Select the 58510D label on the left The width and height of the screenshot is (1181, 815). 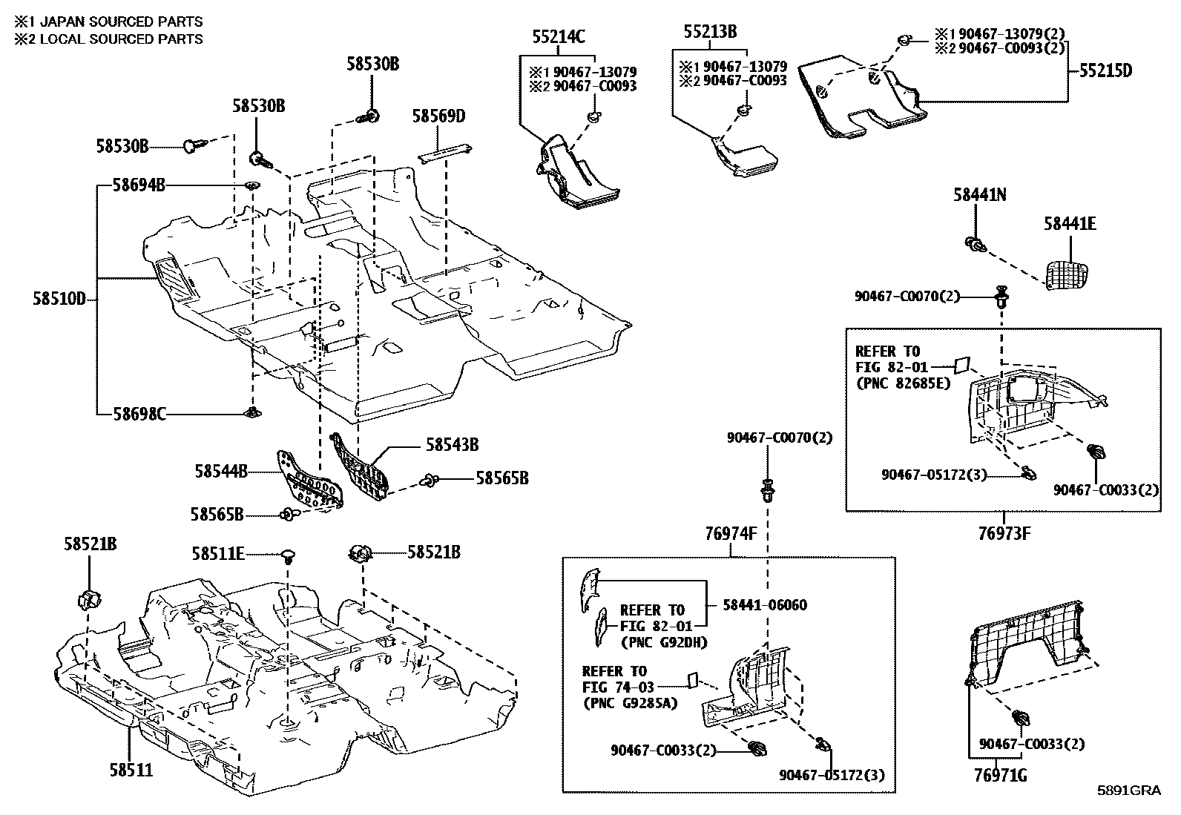(x=59, y=300)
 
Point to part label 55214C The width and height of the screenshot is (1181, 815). (x=558, y=35)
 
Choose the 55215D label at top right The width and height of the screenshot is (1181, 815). (x=1105, y=71)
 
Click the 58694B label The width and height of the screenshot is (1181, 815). (x=139, y=185)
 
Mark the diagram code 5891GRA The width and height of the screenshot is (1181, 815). (x=1129, y=791)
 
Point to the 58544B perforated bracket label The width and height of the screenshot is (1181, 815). (x=221, y=470)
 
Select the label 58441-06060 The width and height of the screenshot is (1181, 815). (x=765, y=605)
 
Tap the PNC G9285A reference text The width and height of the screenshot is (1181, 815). (x=631, y=703)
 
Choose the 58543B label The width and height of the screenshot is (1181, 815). (x=452, y=445)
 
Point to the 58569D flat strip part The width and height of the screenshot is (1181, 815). (x=444, y=152)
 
